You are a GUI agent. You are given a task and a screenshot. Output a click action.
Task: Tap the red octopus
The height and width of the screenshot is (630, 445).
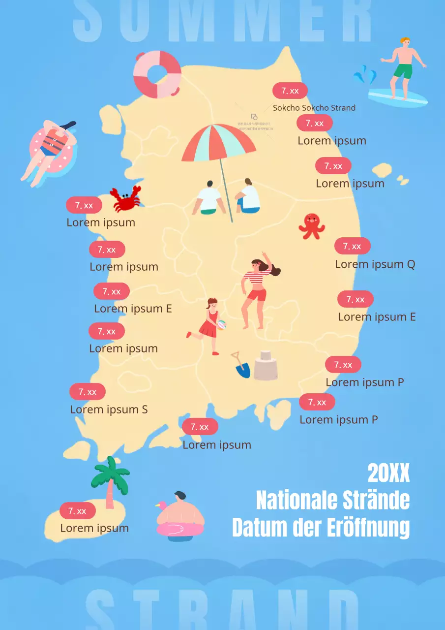click(311, 226)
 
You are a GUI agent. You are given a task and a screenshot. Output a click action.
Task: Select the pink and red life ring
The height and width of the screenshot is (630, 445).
click(157, 74)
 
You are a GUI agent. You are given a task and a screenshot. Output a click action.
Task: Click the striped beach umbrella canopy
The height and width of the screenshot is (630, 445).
click(219, 143)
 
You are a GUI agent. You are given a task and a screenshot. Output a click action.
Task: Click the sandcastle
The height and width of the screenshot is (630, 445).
click(266, 366)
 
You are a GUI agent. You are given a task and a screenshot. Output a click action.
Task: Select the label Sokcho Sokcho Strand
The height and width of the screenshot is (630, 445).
click(314, 108)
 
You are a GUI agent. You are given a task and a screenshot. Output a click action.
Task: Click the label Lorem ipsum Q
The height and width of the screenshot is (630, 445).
click(375, 264)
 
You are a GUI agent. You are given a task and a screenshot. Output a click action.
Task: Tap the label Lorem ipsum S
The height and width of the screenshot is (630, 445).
click(109, 409)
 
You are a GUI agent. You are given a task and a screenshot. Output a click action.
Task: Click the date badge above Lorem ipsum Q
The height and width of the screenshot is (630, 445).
click(352, 246)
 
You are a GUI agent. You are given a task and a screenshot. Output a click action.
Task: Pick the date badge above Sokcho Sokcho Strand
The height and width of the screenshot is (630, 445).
click(290, 91)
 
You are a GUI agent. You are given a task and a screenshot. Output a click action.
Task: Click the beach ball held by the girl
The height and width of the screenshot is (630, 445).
click(222, 325)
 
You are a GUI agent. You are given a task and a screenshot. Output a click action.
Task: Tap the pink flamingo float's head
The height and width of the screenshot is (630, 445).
click(161, 506)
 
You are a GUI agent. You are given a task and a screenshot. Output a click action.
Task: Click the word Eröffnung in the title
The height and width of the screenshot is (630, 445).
click(368, 528)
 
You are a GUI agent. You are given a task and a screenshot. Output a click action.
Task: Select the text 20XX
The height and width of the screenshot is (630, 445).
click(388, 473)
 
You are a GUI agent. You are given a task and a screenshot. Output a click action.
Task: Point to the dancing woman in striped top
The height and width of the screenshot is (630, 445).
click(256, 290)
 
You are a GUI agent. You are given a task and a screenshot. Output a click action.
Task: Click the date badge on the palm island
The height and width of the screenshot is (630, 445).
click(77, 511)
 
